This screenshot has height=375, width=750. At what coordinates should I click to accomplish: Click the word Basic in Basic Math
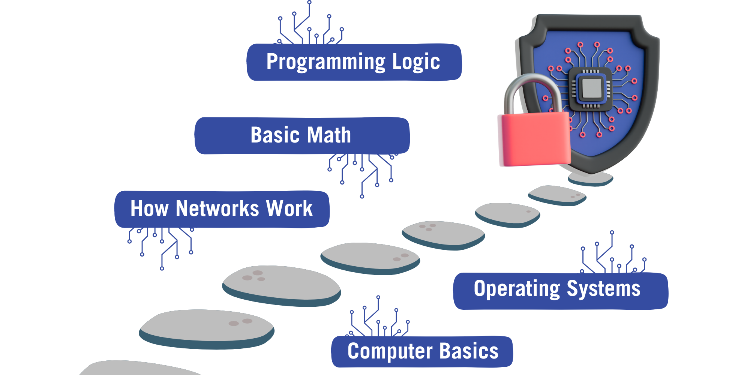tap(275, 135)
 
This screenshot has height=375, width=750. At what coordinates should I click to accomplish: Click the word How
tap(149, 208)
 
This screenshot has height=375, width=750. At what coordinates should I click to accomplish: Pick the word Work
tap(289, 208)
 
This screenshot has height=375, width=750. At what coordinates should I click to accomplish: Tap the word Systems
tap(603, 289)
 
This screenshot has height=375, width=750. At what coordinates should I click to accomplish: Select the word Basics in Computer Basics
tap(469, 351)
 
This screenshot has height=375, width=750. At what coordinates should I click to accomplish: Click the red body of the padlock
tap(534, 139)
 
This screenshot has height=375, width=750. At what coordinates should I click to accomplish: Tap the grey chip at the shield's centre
tap(591, 88)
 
